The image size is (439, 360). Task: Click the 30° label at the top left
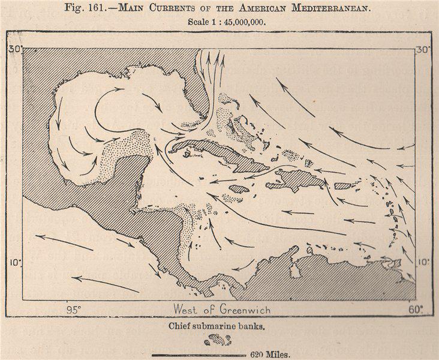point(15,49)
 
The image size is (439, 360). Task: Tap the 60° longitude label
point(415,310)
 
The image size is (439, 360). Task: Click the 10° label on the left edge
point(16,262)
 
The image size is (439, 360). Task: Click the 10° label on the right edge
point(423,262)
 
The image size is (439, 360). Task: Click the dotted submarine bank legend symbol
point(218,340)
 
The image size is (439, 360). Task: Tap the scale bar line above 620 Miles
point(199,355)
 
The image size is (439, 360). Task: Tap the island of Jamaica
point(239,188)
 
